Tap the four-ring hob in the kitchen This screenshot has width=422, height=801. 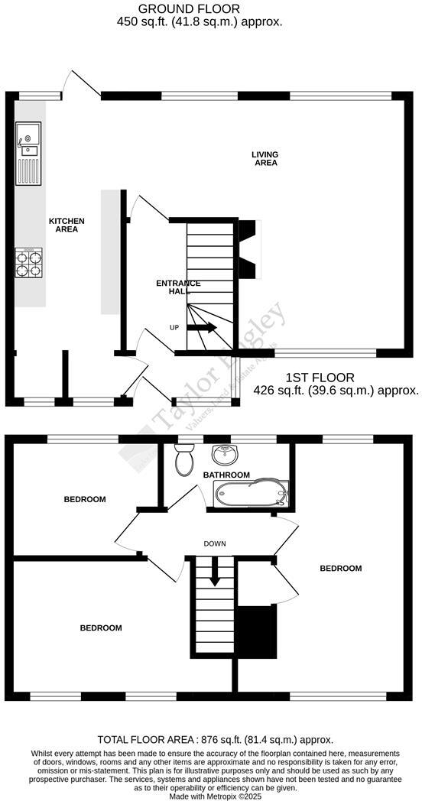(x=29, y=262)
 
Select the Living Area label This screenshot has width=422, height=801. (x=265, y=158)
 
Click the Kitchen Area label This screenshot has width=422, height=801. (x=67, y=225)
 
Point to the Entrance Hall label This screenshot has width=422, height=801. (x=178, y=287)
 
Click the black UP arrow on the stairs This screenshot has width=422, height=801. (x=202, y=328)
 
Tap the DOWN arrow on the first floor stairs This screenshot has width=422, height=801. (x=215, y=572)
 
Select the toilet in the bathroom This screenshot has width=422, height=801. (x=183, y=461)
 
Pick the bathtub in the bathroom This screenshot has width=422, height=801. (x=249, y=495)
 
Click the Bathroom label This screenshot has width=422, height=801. (x=226, y=475)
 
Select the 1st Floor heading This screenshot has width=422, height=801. (x=320, y=378)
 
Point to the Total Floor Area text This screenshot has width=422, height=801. (x=215, y=739)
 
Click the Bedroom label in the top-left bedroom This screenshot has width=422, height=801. (x=84, y=499)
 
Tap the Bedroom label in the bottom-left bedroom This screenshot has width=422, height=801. (x=101, y=628)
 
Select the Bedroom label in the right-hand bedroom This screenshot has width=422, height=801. (x=340, y=568)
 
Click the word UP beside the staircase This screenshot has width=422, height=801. (x=174, y=327)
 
